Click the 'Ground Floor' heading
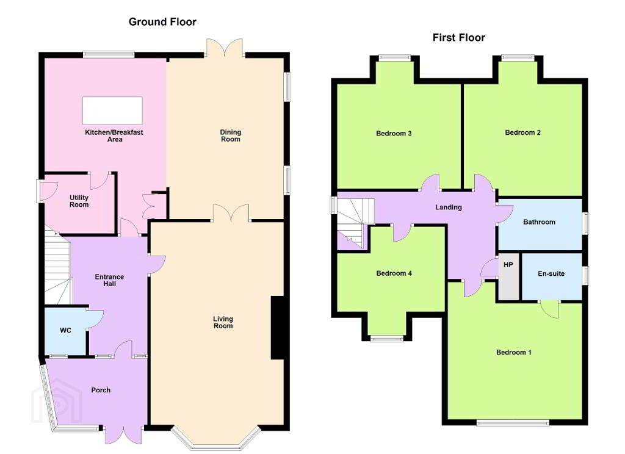(162, 22)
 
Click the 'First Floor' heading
(459, 38)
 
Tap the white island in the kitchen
(112, 110)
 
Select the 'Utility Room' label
(79, 201)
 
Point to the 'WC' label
(65, 331)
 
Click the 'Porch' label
(101, 390)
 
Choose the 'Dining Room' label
(230, 135)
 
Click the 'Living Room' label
(223, 322)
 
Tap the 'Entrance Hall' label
(109, 280)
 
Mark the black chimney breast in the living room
(278, 328)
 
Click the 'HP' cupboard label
(508, 265)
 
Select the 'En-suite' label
(551, 274)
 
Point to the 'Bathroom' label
(539, 222)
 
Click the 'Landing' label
(449, 207)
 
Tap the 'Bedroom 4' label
(394, 273)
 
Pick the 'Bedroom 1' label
(513, 352)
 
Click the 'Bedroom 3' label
(394, 134)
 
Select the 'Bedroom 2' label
(522, 133)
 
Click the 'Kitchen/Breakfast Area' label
(114, 135)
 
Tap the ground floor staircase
(57, 268)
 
